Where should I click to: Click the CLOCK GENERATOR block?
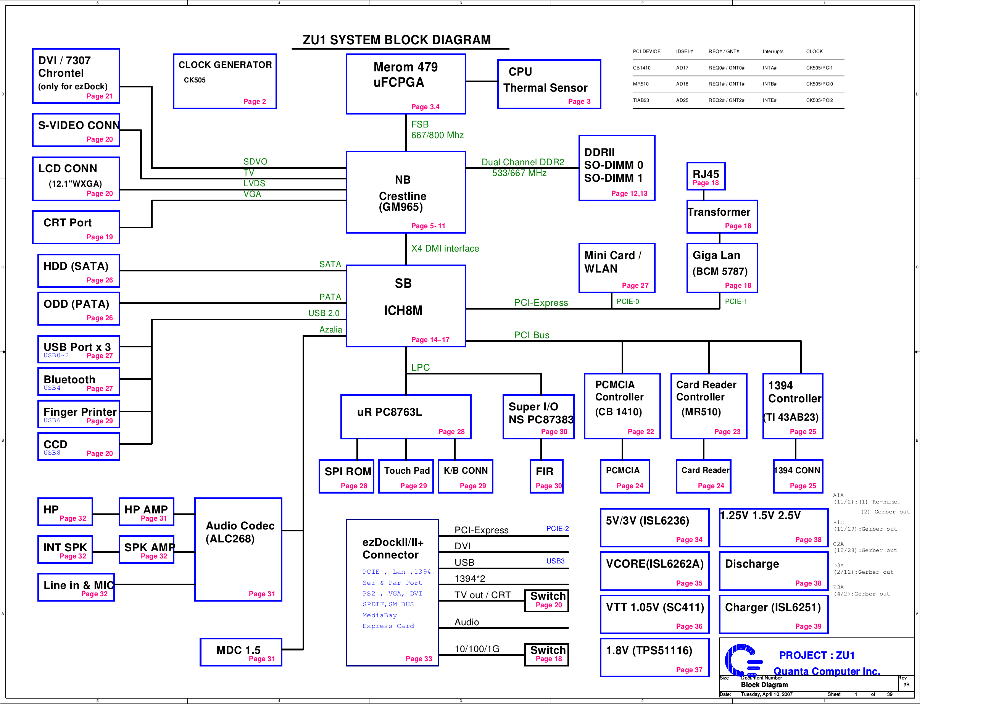pyautogui.click(x=225, y=81)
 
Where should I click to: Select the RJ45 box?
pyautogui.click(x=705, y=176)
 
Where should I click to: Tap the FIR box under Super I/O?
pyautogui.click(x=546, y=476)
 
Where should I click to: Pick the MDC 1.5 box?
pyautogui.click(x=240, y=652)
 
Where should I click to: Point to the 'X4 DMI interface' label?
pyautogui.click(x=445, y=248)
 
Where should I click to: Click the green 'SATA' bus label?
pyautogui.click(x=330, y=264)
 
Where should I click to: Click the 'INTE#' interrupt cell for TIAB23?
pyautogui.click(x=769, y=100)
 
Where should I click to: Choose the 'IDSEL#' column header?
pyautogui.click(x=684, y=52)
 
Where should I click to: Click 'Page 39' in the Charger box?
pyautogui.click(x=807, y=626)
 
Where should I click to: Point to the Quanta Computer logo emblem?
pyautogui.click(x=743, y=660)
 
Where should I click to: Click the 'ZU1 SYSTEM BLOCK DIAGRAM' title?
pyautogui.click(x=396, y=40)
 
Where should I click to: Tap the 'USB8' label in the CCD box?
pyautogui.click(x=52, y=453)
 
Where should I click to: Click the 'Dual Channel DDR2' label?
pyautogui.click(x=522, y=162)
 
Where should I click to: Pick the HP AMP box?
pyautogui.click(x=146, y=512)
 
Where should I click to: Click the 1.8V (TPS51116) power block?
pyautogui.click(x=654, y=657)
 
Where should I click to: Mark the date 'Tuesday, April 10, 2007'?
pyautogui.click(x=766, y=694)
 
